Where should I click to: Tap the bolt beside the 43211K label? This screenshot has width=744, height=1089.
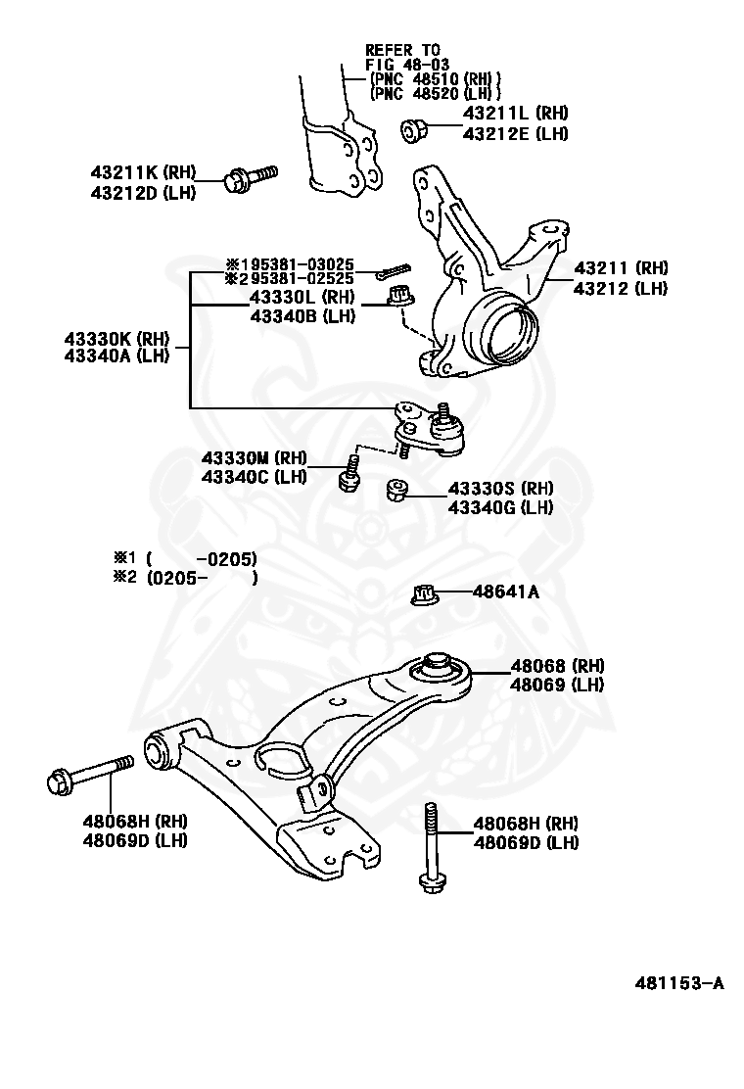(x=251, y=178)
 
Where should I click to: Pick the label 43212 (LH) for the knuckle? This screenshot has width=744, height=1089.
(x=621, y=288)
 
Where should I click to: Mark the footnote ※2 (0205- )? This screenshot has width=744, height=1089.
(x=185, y=578)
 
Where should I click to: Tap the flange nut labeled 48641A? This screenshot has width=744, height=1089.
(x=425, y=593)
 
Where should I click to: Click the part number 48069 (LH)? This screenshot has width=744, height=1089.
(x=556, y=685)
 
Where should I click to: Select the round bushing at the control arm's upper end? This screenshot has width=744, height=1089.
(x=439, y=671)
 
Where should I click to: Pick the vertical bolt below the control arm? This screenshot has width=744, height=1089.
(x=432, y=846)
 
